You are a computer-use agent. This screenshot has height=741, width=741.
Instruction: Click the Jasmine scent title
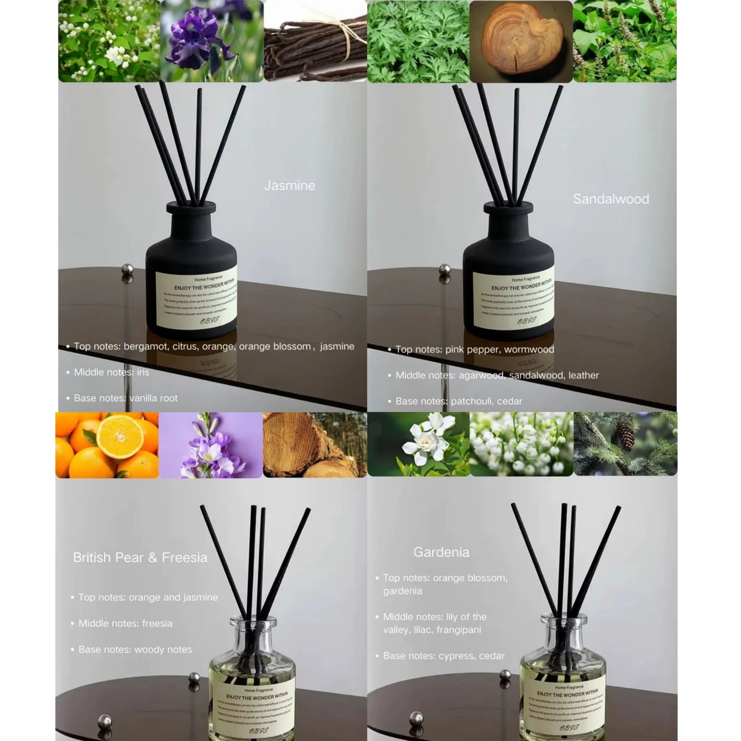click(289, 186)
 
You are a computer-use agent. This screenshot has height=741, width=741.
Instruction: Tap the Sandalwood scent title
click(611, 199)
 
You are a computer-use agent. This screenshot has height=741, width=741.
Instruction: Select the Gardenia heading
click(441, 552)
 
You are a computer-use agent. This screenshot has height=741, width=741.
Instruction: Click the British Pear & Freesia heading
click(140, 557)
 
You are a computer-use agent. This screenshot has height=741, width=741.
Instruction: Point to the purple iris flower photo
click(212, 41)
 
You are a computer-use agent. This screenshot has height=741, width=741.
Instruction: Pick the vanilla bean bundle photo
click(315, 41)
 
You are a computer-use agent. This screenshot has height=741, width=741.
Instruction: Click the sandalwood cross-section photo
click(520, 41)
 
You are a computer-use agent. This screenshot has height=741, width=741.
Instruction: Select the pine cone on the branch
click(626, 438)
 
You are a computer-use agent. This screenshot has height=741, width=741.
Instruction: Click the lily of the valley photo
click(521, 445)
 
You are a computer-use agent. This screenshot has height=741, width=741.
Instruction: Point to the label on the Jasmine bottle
click(196, 298)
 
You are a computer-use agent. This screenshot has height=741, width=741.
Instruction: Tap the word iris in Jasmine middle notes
click(143, 372)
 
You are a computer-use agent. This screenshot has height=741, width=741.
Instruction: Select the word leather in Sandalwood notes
click(584, 375)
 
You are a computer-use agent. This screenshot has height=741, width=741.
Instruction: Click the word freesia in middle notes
click(157, 624)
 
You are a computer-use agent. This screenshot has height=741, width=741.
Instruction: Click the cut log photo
click(314, 445)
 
